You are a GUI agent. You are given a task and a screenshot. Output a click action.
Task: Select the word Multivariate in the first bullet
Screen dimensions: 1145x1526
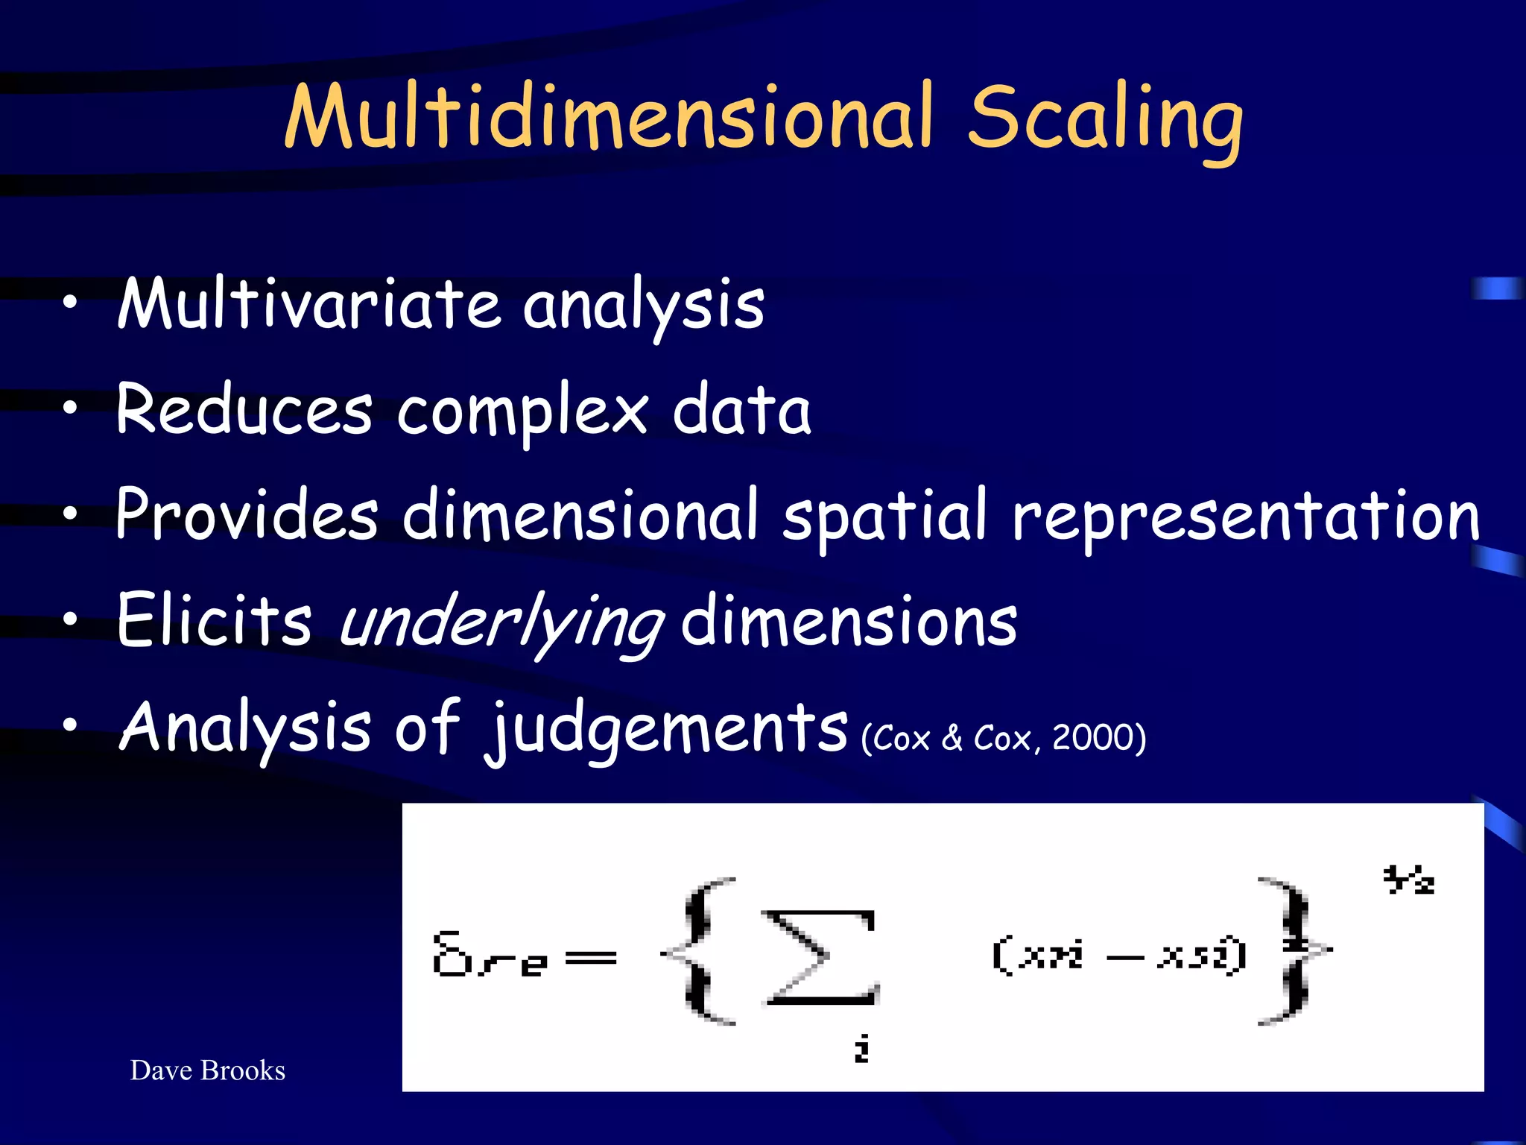coord(308,304)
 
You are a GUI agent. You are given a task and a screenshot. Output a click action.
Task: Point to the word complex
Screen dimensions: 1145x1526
coord(522,412)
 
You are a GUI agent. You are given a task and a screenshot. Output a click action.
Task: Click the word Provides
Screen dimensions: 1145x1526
coord(247,514)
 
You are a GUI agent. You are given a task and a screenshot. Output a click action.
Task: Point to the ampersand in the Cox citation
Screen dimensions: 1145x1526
coord(952,738)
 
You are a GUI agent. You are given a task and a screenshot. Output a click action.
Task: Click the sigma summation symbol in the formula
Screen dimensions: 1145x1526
coord(820,957)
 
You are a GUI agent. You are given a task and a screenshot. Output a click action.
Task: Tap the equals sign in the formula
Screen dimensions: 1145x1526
coord(591,958)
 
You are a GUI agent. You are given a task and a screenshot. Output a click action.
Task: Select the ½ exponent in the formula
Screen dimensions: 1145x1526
coord(1408,880)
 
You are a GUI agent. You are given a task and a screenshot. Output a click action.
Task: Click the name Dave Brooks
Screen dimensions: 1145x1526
coord(208,1070)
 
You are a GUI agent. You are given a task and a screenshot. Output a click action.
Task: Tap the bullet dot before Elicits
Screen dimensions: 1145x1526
coord(70,619)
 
